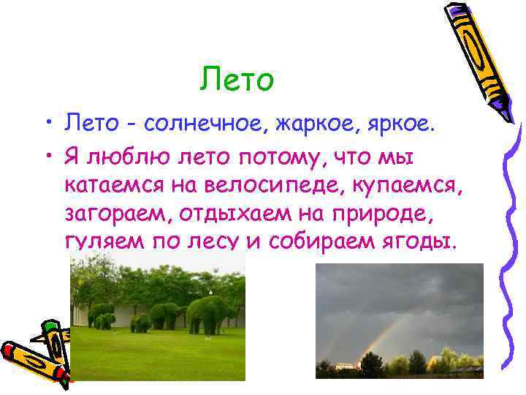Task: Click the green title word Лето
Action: pyautogui.click(x=237, y=79)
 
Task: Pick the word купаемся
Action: pyautogui.click(x=407, y=186)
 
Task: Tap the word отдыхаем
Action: pyautogui.click(x=235, y=214)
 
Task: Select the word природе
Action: pyautogui.click(x=382, y=214)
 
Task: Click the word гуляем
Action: pyautogui.click(x=104, y=241)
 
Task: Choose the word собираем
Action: pyautogui.click(x=321, y=241)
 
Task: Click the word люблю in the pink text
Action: pyautogui.click(x=128, y=157)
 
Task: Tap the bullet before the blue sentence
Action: pyautogui.click(x=49, y=121)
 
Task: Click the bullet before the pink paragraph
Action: pyautogui.click(x=49, y=156)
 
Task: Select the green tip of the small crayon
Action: pyautogui.click(x=50, y=326)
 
